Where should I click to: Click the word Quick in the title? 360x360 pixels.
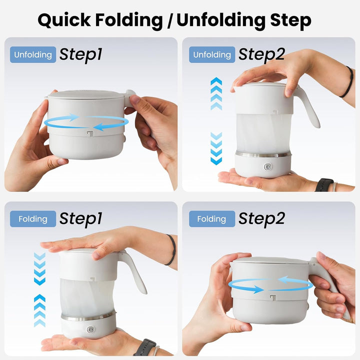[x=64, y=20]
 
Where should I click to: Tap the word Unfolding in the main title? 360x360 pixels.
[x=220, y=19]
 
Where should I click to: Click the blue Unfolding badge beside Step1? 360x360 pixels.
[x=33, y=54]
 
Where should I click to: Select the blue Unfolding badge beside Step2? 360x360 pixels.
[x=212, y=54]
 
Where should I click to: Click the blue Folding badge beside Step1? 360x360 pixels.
[x=33, y=219]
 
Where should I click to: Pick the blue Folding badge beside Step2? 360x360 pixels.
[x=212, y=219]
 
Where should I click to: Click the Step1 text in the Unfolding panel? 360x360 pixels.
[x=81, y=55]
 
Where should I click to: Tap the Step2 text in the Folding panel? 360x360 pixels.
[x=261, y=219]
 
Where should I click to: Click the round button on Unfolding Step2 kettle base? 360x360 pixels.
[x=267, y=167]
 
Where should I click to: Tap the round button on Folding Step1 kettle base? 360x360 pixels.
[x=91, y=330]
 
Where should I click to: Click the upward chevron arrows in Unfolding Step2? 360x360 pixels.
[x=216, y=93]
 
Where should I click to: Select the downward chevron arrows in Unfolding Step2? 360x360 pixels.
[x=216, y=148]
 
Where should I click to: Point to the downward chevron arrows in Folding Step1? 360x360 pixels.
[x=39, y=269]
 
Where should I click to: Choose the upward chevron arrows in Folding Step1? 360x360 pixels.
[x=39, y=310]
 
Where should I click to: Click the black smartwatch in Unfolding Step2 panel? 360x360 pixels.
[x=324, y=184]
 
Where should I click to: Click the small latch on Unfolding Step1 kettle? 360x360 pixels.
[x=90, y=133]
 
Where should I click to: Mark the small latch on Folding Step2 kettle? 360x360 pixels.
[x=273, y=297]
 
